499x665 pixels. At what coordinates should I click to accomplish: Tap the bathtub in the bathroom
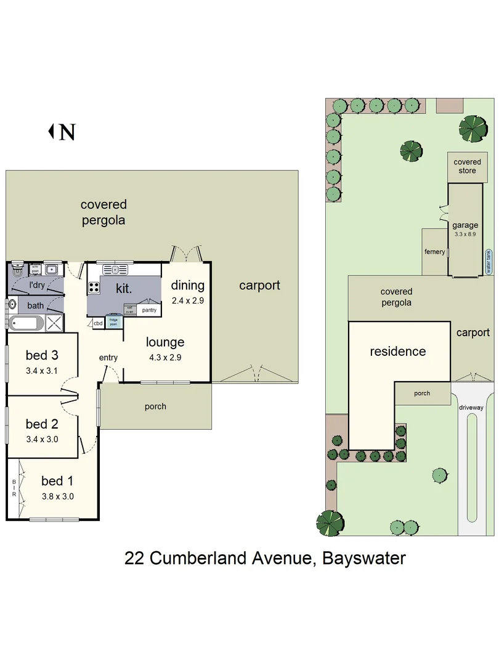click(25, 323)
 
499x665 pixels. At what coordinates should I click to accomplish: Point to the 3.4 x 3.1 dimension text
click(41, 371)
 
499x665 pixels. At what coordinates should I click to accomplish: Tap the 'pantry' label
click(149, 310)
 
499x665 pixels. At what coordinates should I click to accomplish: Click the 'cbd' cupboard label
click(98, 323)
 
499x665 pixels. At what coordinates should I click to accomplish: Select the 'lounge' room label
click(164, 342)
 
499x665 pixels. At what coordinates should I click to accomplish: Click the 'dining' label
click(187, 285)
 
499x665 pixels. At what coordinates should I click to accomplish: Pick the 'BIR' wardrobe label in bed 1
click(14, 489)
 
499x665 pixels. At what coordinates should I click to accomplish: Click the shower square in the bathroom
click(54, 323)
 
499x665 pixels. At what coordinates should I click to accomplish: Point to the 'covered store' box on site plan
click(467, 166)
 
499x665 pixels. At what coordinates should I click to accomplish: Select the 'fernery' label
click(434, 251)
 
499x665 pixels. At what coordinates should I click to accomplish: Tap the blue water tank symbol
click(489, 261)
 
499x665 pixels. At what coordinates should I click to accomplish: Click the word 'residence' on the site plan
click(397, 351)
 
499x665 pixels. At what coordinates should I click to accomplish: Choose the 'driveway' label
click(473, 407)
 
